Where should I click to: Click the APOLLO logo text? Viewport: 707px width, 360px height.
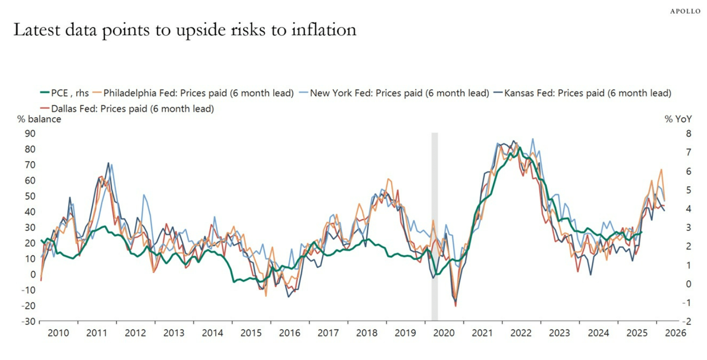(x=685, y=11)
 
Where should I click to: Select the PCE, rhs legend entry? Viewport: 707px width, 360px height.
(x=64, y=93)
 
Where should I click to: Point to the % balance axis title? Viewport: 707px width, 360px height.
(x=39, y=119)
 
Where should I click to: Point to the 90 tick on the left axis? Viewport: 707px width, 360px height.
(x=30, y=133)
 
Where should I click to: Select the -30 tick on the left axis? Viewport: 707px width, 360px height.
(x=28, y=322)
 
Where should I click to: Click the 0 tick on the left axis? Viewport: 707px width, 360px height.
(x=33, y=274)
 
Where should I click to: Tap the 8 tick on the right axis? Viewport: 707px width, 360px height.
(x=674, y=133)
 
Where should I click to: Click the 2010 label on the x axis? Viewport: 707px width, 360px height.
(x=58, y=333)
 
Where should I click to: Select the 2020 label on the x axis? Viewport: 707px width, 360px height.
(x=444, y=333)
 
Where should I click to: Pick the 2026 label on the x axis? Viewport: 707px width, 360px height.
(x=675, y=333)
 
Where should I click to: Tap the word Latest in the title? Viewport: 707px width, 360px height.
(x=37, y=30)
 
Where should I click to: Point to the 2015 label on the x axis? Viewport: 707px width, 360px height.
(x=251, y=333)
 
